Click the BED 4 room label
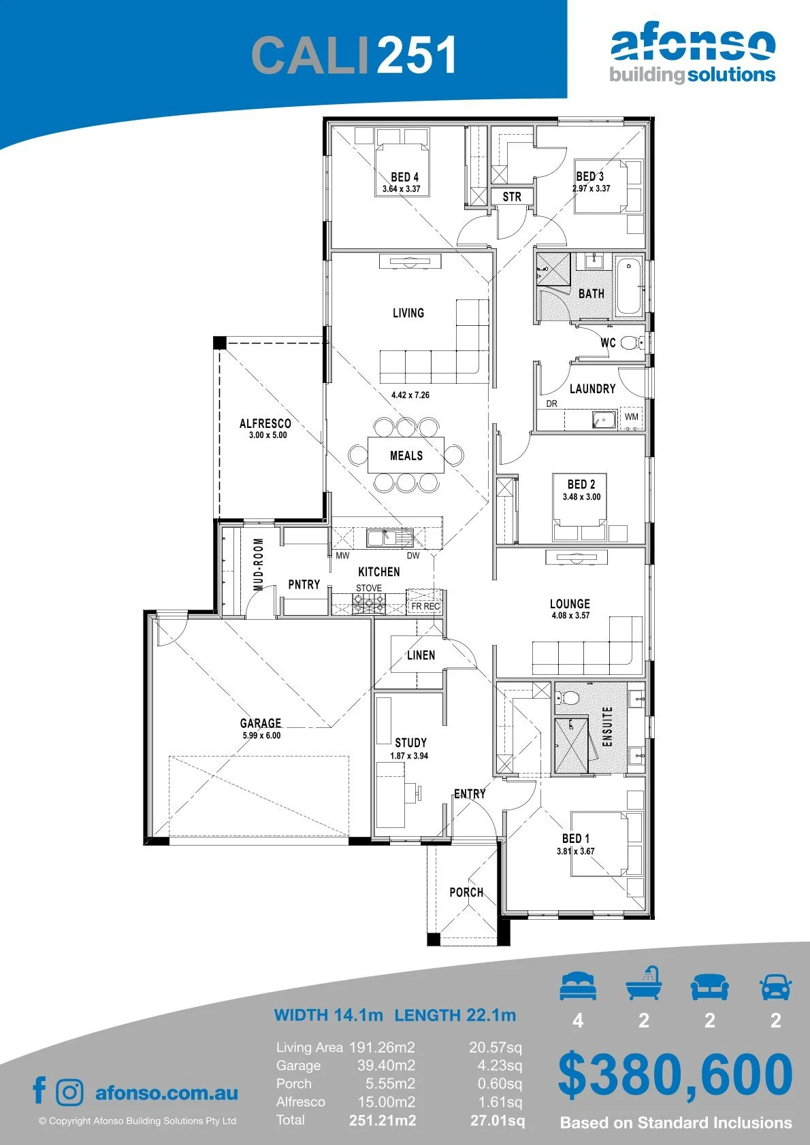pos(404,177)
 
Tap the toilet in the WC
pos(632,342)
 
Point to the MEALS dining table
pos(406,455)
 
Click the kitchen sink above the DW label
pos(389,538)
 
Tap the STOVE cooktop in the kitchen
pos(369,603)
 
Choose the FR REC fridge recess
pos(425,601)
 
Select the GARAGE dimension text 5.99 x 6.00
pos(261,735)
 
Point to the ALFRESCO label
pos(265,423)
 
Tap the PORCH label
pos(466,893)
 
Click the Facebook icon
pos(39,1090)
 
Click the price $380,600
pos(675,1074)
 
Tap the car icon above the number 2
pos(776,987)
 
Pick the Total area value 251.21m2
pos(383,1121)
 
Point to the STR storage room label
pos(511,197)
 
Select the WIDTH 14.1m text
pos(328,1014)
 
